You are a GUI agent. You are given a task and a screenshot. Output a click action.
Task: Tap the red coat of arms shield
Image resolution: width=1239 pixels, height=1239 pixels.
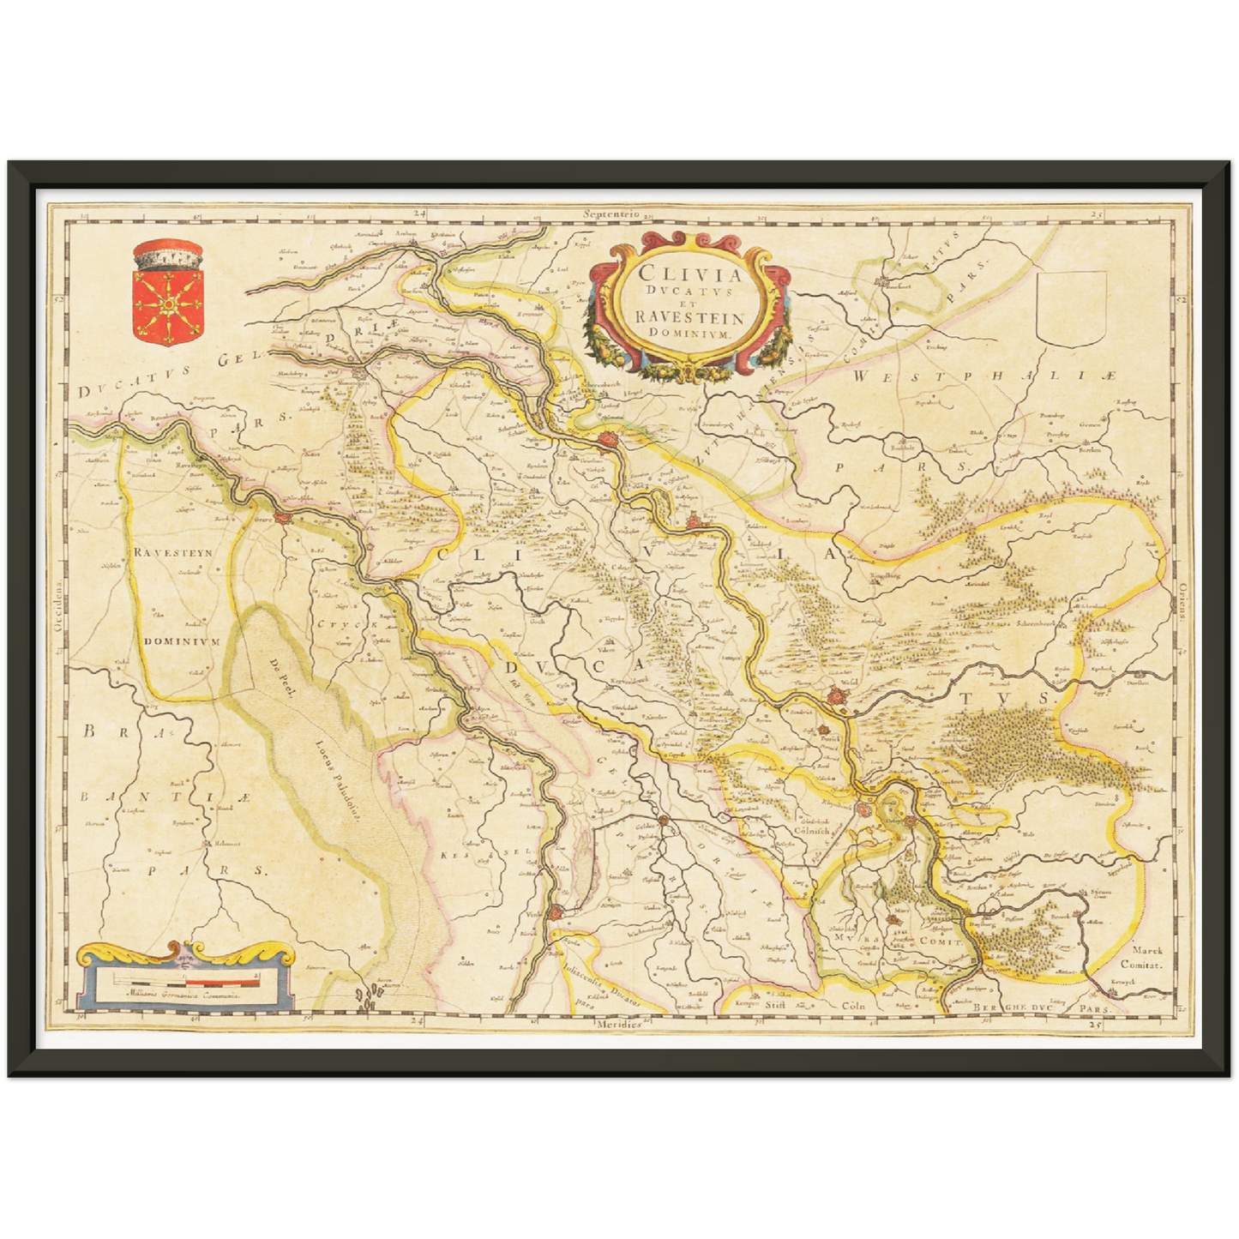click(x=168, y=304)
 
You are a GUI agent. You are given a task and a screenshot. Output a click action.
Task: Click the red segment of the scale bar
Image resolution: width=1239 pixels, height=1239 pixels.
click(x=222, y=977)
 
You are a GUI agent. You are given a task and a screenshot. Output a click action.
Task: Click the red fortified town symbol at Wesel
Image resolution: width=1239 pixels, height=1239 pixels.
click(x=839, y=700)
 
